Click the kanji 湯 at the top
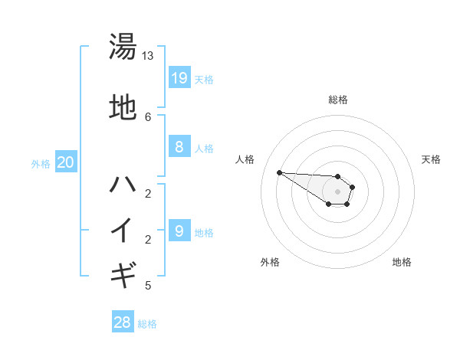(x=123, y=46)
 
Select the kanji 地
(x=123, y=108)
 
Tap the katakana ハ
(x=123, y=185)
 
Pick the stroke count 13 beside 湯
(x=148, y=56)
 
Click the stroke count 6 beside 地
(x=148, y=116)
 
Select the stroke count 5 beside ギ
(x=148, y=286)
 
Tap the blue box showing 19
(x=179, y=77)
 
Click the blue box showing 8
(x=179, y=147)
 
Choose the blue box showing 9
(x=179, y=231)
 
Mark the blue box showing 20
(x=66, y=162)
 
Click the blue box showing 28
(x=123, y=322)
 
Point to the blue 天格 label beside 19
(x=204, y=79)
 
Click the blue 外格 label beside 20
(x=41, y=163)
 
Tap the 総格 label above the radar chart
(x=338, y=100)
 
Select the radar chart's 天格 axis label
(x=431, y=159)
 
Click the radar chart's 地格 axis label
(x=402, y=262)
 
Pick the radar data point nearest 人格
(x=279, y=172)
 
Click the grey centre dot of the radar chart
(x=337, y=191)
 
